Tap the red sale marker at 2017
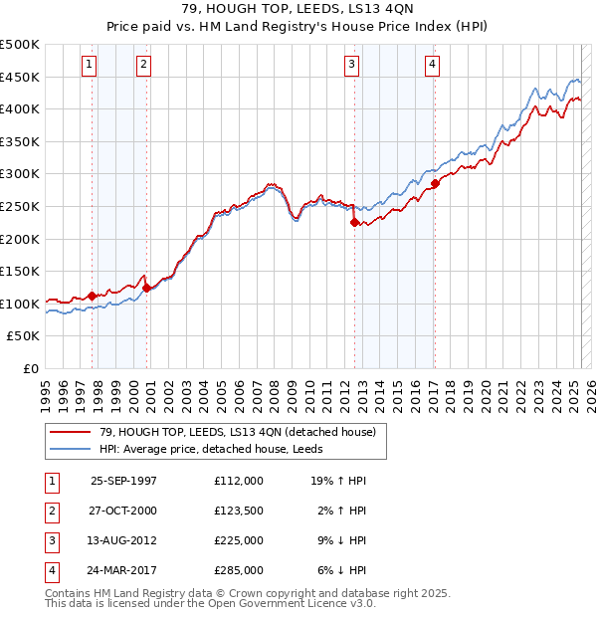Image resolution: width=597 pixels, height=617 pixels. pos(435,184)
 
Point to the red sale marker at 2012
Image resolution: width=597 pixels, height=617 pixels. pos(353,223)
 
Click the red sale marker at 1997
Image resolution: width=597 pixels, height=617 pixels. pos(93,296)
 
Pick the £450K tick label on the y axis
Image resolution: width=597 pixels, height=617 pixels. pos(20,77)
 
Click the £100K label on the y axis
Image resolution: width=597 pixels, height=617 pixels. pos(20,304)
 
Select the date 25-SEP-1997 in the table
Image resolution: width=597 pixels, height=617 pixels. pos(123,481)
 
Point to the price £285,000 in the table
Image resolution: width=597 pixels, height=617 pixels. pos(239,570)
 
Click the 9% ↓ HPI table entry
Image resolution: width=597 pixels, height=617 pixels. pos(338,540)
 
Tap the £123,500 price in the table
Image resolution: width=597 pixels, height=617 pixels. pos(239,511)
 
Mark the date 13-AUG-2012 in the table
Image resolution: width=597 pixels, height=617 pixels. pos(123,540)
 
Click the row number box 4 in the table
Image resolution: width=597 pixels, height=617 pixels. pos(50,570)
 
